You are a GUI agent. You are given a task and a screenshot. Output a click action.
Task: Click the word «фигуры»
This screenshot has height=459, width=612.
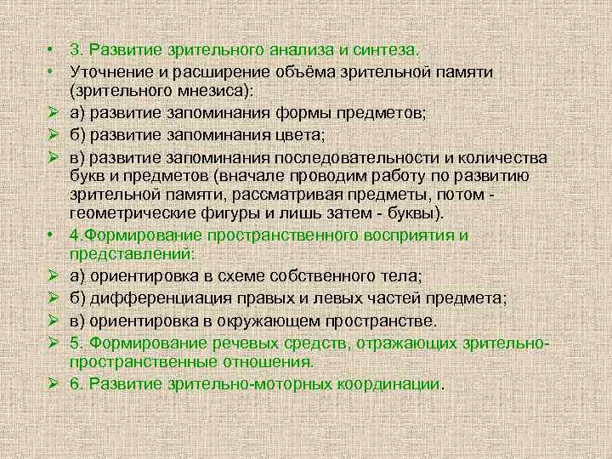pos(243,212)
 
